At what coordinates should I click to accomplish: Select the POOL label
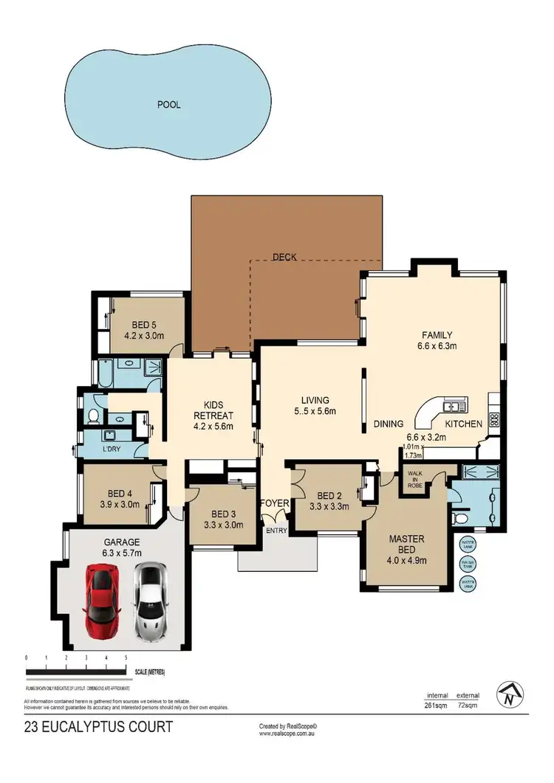click(x=168, y=105)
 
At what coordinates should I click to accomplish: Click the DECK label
click(x=284, y=257)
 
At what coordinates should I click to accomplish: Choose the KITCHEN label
click(x=463, y=424)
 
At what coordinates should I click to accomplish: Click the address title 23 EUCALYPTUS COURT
click(x=98, y=727)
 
